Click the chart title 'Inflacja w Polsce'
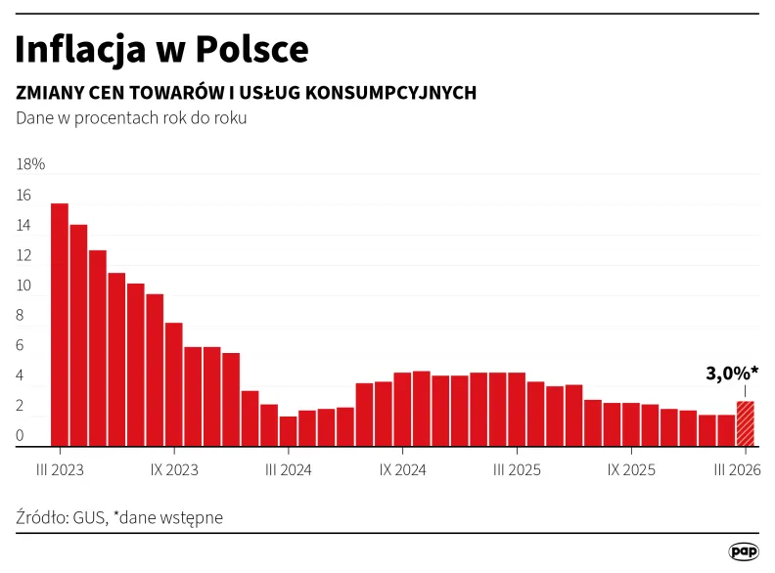pyautogui.click(x=161, y=48)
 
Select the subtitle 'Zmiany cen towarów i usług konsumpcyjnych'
pyautogui.click(x=246, y=93)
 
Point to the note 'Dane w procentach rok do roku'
pyautogui.click(x=131, y=118)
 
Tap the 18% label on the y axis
pyautogui.click(x=30, y=164)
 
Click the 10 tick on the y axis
pyautogui.click(x=23, y=286)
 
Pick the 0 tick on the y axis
pyautogui.click(x=21, y=436)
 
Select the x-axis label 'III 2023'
pyautogui.click(x=60, y=470)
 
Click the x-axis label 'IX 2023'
pyautogui.click(x=174, y=470)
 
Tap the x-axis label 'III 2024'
pyautogui.click(x=288, y=470)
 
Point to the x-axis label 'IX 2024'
pyautogui.click(x=402, y=470)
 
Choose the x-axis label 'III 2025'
pyautogui.click(x=517, y=470)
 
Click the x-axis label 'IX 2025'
pyautogui.click(x=631, y=470)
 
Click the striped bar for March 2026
pyautogui.click(x=745, y=424)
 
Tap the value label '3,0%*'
pyautogui.click(x=732, y=373)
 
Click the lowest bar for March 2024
pyautogui.click(x=288, y=432)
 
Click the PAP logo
pyautogui.click(x=744, y=551)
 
